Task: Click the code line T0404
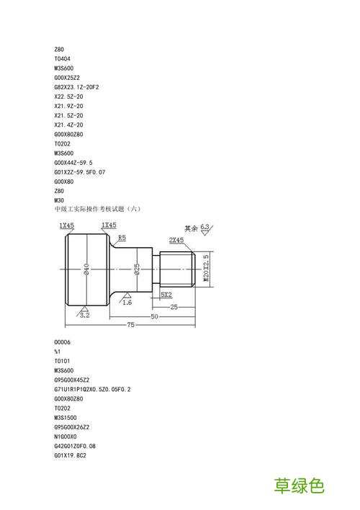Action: point(62,59)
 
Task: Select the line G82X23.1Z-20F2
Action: point(76,87)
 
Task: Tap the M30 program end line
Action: point(59,200)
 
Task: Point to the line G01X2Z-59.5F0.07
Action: point(80,172)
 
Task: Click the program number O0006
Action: point(62,342)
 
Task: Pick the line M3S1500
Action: point(66,418)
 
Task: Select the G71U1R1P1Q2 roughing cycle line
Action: point(92,389)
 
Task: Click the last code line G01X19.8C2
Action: point(71,455)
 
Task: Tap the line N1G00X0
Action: point(66,437)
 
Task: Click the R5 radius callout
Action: point(122,238)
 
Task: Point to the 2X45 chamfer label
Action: point(176,240)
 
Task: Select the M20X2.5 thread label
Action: point(206,269)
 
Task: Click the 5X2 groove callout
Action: point(166,295)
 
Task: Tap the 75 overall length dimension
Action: point(130,325)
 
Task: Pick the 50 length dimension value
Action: point(154,316)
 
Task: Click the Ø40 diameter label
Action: point(86,269)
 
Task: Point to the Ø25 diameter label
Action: point(138,269)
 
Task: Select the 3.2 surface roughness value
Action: point(84,316)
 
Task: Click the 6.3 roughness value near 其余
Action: point(205,227)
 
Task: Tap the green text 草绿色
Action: point(300,486)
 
